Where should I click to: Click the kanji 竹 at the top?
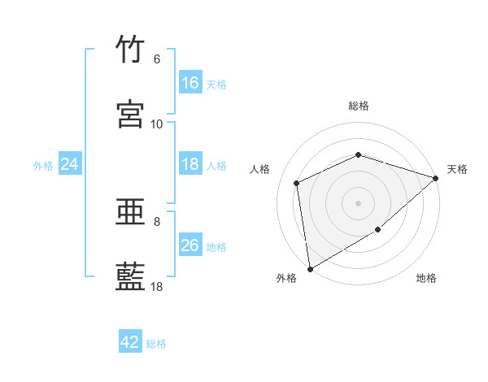(130, 49)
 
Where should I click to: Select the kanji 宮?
(130, 114)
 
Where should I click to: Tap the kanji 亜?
(130, 212)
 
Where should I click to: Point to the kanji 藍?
(130, 276)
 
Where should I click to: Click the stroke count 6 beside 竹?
(157, 59)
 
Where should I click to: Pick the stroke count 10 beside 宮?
(156, 124)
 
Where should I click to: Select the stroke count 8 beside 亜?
(157, 222)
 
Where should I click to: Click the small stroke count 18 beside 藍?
(156, 287)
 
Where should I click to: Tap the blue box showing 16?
(190, 82)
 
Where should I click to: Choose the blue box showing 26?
(190, 244)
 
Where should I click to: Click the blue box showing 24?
(70, 163)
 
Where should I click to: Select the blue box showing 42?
(130, 341)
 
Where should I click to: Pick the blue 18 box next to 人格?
(190, 163)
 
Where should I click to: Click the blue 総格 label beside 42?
(156, 344)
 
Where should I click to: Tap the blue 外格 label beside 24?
(43, 166)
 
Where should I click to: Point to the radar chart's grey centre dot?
(358, 204)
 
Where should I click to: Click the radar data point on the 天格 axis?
(436, 178)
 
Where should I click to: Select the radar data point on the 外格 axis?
(311, 269)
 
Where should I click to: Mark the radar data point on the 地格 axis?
(378, 230)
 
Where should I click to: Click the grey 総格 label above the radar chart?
(359, 106)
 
